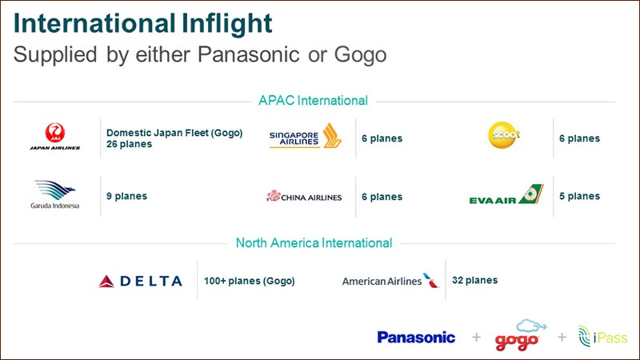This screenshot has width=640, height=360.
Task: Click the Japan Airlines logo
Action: (54, 137)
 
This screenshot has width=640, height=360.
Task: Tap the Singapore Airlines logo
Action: (306, 136)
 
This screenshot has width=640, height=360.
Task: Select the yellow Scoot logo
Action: (504, 135)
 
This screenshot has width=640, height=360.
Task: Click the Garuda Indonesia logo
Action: (54, 194)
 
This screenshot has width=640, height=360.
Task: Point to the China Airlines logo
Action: (304, 196)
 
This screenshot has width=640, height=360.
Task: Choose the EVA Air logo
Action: (506, 194)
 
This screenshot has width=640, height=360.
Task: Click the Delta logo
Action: (141, 281)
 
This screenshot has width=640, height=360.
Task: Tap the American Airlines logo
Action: (390, 281)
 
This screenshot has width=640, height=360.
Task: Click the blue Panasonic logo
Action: (416, 337)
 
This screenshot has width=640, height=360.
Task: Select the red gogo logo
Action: (518, 336)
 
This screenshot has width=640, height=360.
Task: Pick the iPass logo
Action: (603, 336)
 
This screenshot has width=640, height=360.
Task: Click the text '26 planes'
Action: (129, 144)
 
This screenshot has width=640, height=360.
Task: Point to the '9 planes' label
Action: (126, 196)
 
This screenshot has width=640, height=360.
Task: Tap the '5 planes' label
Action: (579, 196)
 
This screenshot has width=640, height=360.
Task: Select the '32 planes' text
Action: (474, 281)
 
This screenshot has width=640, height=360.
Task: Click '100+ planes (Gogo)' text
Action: (249, 282)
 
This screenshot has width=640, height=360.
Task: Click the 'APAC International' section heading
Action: (313, 101)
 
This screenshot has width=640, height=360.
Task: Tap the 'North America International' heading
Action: (314, 243)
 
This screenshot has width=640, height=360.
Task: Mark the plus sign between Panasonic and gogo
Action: (476, 337)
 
